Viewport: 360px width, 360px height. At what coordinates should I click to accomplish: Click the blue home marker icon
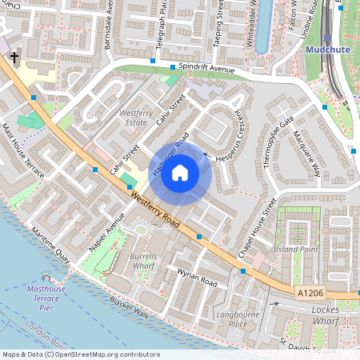(x=180, y=173)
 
